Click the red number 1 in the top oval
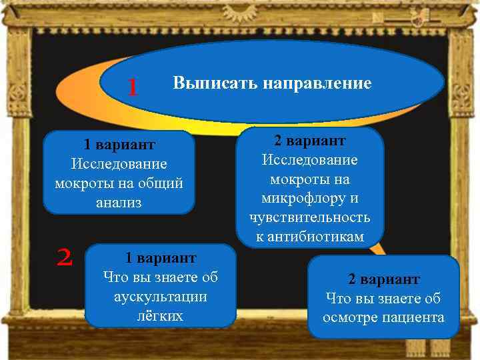pyautogui.click(x=133, y=87)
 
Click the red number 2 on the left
pyautogui.click(x=65, y=257)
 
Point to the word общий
pyautogui.click(x=157, y=183)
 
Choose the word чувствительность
pyautogui.click(x=310, y=218)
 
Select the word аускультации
pyautogui.click(x=160, y=296)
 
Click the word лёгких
pyautogui.click(x=160, y=315)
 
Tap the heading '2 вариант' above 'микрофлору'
pyautogui.click(x=309, y=141)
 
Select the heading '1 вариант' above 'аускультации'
pyautogui.click(x=161, y=257)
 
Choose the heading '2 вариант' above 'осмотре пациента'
pyautogui.click(x=383, y=279)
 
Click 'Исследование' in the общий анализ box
pyautogui.click(x=119, y=164)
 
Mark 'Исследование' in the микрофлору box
pyautogui.click(x=309, y=160)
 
